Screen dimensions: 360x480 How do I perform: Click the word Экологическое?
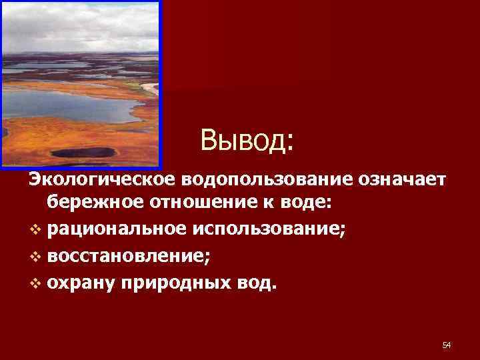99,179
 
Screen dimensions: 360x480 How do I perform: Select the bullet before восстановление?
35,257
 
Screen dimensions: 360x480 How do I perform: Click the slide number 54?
447,345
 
